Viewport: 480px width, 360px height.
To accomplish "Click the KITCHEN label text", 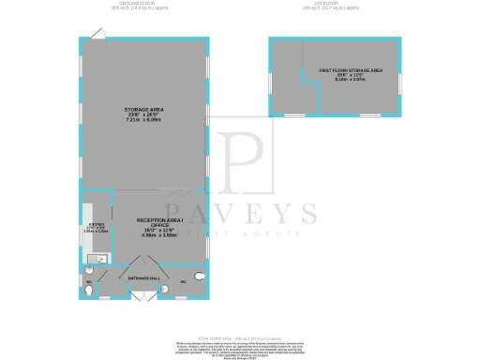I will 97,224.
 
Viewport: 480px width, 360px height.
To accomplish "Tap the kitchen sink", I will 95,258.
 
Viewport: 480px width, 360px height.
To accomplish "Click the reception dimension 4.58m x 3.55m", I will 157,235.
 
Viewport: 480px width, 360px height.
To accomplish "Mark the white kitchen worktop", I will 87,234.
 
